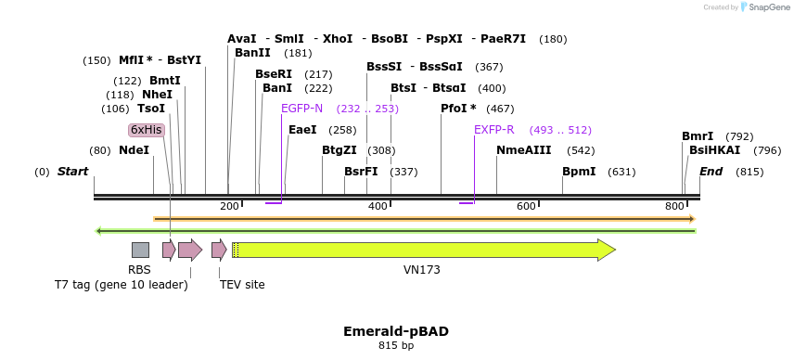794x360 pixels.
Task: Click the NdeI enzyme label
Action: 134,150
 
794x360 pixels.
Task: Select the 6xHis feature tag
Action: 147,130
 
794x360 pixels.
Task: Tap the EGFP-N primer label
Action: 301,109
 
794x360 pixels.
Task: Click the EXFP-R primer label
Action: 493,130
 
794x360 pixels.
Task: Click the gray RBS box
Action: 140,250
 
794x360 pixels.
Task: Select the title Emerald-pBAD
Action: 396,331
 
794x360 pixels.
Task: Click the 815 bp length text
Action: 396,346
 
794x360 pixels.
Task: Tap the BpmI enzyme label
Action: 579,172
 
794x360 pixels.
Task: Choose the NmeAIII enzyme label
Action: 523,150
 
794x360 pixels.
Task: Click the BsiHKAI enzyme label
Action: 714,150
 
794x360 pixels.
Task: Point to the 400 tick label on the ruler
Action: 378,206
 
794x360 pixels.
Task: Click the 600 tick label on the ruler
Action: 527,206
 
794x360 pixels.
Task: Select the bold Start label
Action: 73,172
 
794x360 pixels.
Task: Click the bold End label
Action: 711,172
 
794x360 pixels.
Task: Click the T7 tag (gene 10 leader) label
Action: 122,285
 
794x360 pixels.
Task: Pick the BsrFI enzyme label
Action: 361,172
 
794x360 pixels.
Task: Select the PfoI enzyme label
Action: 458,109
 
